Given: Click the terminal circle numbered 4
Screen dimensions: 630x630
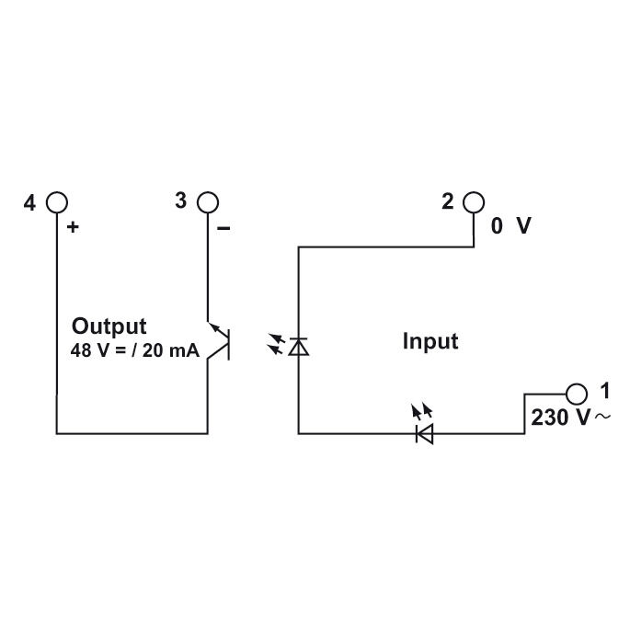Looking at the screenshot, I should point(57,201).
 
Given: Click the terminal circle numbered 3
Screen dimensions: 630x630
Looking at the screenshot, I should point(208,201).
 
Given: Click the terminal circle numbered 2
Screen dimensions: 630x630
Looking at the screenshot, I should point(473,201).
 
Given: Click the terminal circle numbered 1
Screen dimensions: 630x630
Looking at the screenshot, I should point(577,393).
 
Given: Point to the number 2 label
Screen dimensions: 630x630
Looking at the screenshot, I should point(448,201).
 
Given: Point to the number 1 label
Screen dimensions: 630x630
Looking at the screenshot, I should point(604,390).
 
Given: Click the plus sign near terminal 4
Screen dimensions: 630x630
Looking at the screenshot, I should point(74,226).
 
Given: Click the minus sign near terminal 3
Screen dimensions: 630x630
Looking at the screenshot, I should point(223,226).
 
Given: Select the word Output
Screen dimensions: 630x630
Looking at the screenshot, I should point(109,326).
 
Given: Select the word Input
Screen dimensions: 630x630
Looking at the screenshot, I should point(430,341).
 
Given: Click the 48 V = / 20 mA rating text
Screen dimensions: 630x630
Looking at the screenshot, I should point(134,350).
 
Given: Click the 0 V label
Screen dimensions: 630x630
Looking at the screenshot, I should point(510,226).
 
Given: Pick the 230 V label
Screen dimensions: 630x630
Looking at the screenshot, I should point(560,417).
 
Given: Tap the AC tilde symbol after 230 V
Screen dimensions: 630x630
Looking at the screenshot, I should point(602,418).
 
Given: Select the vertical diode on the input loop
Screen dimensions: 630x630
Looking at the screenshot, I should point(298,346).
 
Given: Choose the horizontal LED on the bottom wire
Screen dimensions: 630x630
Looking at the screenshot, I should point(425,432).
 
